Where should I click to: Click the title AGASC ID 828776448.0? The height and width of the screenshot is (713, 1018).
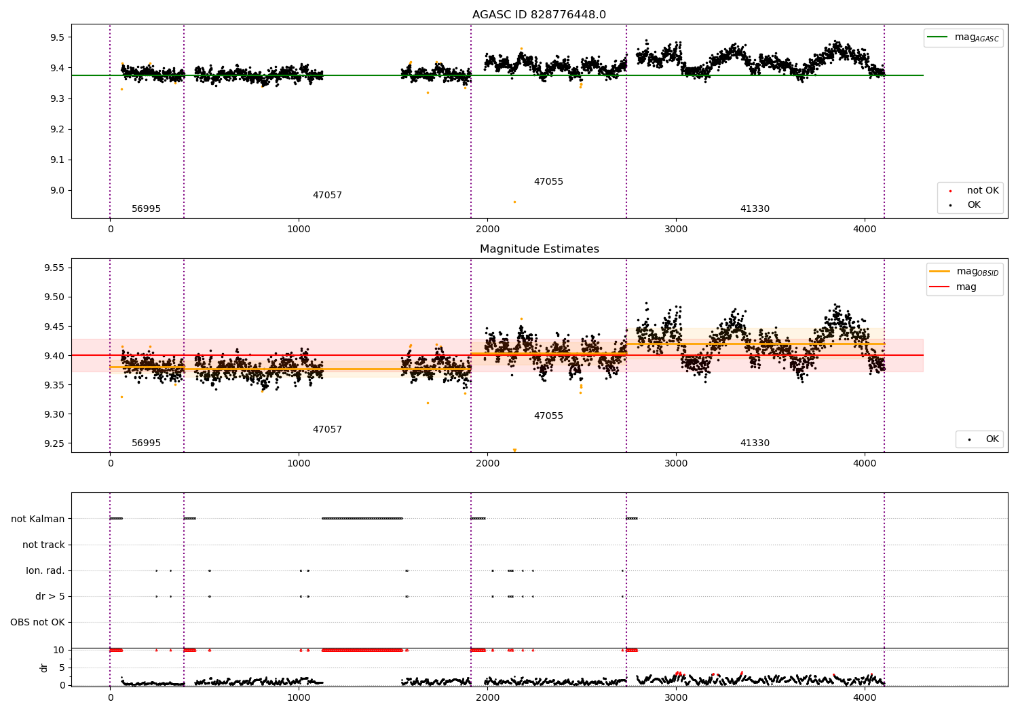point(539,14)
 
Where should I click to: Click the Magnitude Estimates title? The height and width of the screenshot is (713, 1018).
point(540,249)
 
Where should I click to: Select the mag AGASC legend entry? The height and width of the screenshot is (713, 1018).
point(963,37)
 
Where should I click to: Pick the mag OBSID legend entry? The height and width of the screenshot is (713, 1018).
point(964,272)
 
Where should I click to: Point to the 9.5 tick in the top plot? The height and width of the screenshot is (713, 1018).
point(57,37)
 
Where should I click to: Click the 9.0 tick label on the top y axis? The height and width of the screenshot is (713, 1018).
point(57,191)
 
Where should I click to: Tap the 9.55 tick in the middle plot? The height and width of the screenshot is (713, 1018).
point(54,268)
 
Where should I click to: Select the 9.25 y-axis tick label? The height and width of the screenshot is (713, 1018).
point(54,443)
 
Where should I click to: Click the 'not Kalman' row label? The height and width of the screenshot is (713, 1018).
point(38,519)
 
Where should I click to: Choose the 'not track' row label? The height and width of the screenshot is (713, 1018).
point(43,545)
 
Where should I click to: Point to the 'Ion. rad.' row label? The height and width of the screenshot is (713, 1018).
point(45,570)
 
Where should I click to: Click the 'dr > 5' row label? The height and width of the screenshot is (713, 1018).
point(50,597)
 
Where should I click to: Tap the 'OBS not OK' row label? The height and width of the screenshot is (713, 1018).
point(38,622)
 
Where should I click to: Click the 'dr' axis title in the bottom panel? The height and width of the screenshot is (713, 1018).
point(43,668)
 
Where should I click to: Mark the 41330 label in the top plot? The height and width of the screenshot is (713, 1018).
point(755,208)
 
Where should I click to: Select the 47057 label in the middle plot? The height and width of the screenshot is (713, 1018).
point(327,429)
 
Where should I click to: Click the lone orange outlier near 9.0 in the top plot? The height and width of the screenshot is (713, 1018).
point(514,202)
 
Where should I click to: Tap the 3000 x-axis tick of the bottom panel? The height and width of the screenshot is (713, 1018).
point(676,698)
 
